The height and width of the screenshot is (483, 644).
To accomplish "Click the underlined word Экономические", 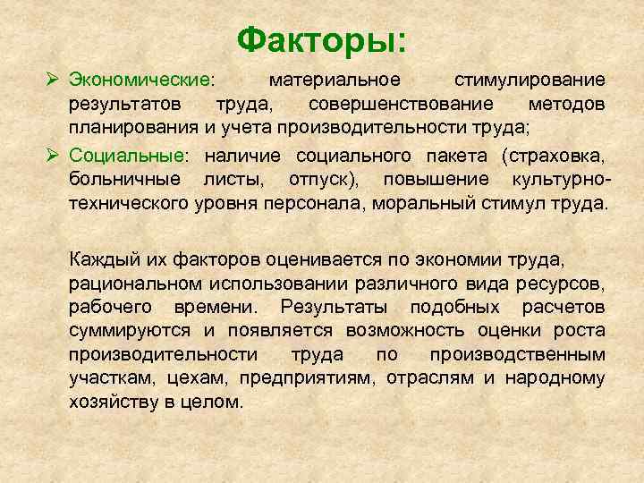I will pyautogui.click(x=140, y=80).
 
